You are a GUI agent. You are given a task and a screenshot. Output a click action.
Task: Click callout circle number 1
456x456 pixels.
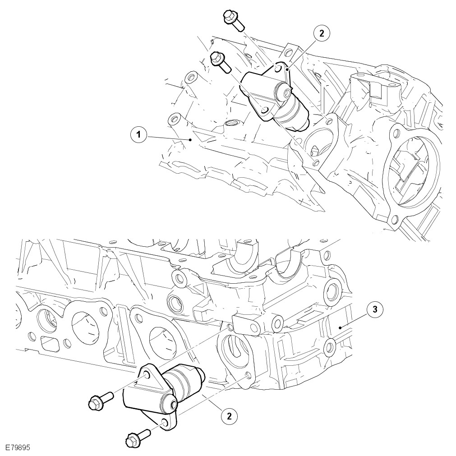pyautogui.click(x=138, y=135)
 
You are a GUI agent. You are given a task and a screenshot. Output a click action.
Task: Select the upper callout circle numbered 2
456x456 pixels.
pyautogui.click(x=321, y=33)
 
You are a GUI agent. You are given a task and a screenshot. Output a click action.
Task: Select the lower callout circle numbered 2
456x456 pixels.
pyautogui.click(x=230, y=416)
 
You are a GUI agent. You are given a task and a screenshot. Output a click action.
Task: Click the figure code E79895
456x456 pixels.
pyautogui.click(x=18, y=447)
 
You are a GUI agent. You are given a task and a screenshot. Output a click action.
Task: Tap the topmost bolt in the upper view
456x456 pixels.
pyautogui.click(x=233, y=20)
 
